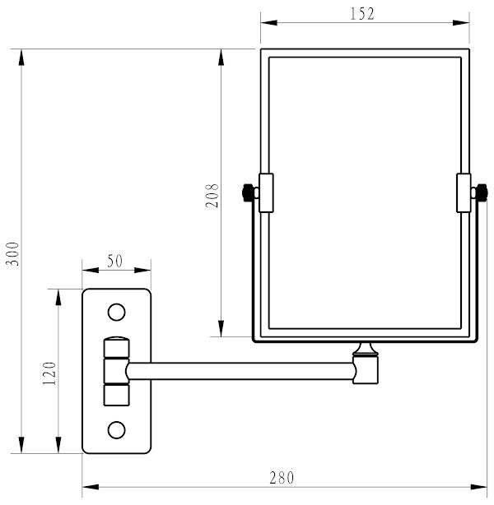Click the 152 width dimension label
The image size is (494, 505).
click(x=362, y=14)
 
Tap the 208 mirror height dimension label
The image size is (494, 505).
click(x=212, y=196)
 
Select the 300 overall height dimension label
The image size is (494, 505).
click(x=13, y=254)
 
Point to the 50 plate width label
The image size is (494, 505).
click(x=115, y=261)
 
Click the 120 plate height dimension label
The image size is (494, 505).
click(x=49, y=373)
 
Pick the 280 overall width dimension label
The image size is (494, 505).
click(x=282, y=478)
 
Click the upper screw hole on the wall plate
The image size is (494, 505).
click(x=116, y=312)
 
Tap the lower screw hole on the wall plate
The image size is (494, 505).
click(x=116, y=429)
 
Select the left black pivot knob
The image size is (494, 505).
click(x=247, y=192)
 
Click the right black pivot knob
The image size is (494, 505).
click(x=482, y=192)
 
